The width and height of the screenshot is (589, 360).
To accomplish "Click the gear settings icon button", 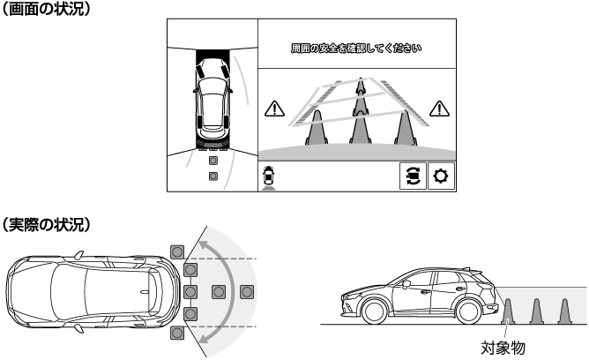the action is [x=441, y=176].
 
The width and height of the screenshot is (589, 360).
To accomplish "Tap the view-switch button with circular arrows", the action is [x=413, y=176].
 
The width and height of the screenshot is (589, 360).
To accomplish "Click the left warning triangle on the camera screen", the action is [x=274, y=109].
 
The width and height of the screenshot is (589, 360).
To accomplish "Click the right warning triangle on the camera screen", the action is [x=439, y=109].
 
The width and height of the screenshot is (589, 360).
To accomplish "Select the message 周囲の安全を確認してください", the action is [x=356, y=49].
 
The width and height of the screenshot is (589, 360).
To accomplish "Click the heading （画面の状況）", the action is [x=46, y=9].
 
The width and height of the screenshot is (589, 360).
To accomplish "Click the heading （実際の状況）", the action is [x=46, y=224].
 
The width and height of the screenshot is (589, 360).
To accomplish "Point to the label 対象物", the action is [x=503, y=349].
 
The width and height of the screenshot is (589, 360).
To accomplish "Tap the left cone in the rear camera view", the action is [x=317, y=128].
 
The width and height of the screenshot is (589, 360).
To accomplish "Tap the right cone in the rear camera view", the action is [x=405, y=128].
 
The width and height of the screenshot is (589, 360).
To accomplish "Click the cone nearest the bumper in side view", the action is [x=508, y=311].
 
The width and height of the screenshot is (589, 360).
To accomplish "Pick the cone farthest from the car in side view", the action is [x=564, y=311].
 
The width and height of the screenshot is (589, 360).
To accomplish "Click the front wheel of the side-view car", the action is [x=374, y=311].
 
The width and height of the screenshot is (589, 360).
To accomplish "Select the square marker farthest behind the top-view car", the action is [x=247, y=292].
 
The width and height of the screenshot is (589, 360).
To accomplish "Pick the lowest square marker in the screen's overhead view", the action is [x=213, y=176].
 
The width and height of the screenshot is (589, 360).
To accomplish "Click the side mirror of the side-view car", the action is [x=406, y=284].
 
